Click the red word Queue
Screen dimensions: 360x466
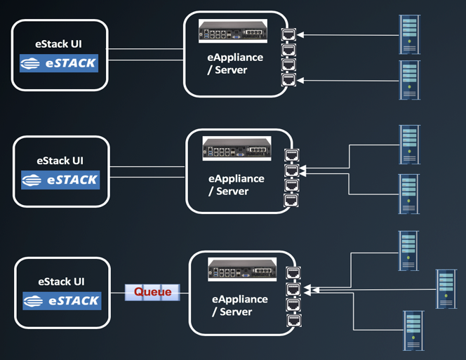click(x=153, y=291)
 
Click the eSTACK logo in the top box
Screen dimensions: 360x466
click(x=59, y=64)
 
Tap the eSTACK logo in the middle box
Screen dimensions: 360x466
click(x=60, y=180)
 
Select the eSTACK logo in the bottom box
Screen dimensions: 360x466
click(x=62, y=301)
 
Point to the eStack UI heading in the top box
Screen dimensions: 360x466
click(x=60, y=44)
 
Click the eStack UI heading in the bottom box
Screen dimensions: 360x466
click(x=62, y=281)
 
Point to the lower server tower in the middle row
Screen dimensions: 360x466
click(x=409, y=194)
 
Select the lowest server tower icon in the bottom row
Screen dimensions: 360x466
click(x=414, y=331)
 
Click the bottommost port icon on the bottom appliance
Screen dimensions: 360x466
click(x=293, y=320)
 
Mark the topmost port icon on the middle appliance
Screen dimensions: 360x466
click(x=291, y=155)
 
